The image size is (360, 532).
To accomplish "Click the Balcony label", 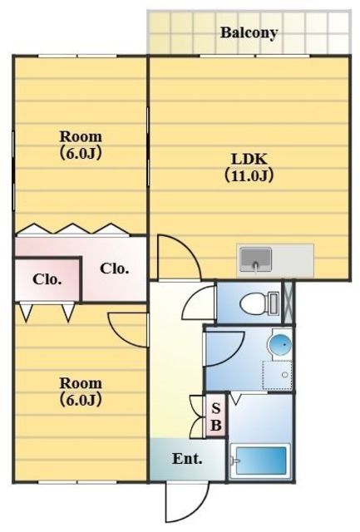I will pyautogui.click(x=249, y=33).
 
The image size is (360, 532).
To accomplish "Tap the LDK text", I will pyautogui.click(x=249, y=158).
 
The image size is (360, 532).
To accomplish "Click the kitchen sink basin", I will pyautogui.click(x=256, y=261).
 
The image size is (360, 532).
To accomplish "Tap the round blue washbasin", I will pyautogui.click(x=281, y=344).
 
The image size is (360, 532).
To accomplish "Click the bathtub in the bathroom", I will pyautogui.click(x=259, y=462).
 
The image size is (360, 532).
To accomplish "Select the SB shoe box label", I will pyautogui.click(x=215, y=416).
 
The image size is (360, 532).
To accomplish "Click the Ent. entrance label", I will pyautogui.click(x=186, y=458).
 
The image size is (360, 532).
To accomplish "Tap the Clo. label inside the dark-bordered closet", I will pyautogui.click(x=47, y=279).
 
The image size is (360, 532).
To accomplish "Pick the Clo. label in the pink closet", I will pyautogui.click(x=114, y=268).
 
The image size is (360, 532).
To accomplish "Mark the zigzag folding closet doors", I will pyautogui.click(x=70, y=228).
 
